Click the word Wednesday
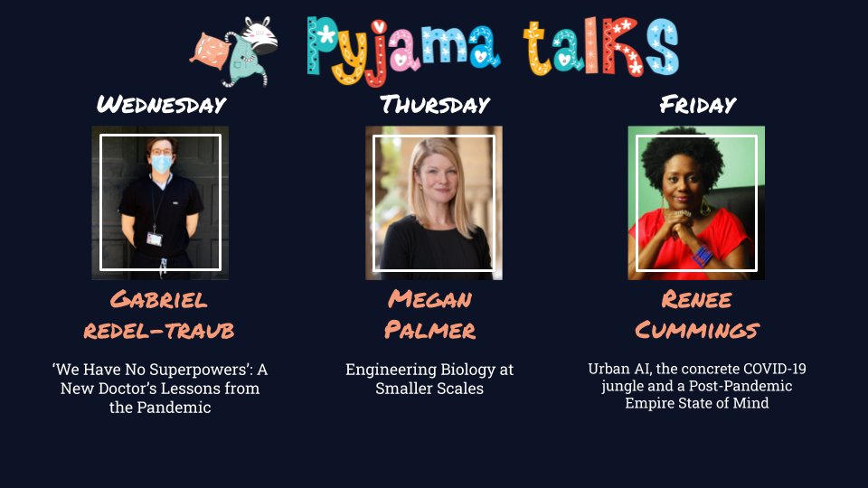pyautogui.click(x=161, y=104)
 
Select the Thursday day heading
pyautogui.click(x=434, y=104)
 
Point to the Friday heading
pyautogui.click(x=697, y=104)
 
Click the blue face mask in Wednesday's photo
pyautogui.click(x=161, y=164)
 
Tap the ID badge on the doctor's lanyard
pyautogui.click(x=155, y=239)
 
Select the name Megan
pyautogui.click(x=430, y=299)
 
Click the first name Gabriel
pyautogui.click(x=159, y=299)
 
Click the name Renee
pyautogui.click(x=696, y=299)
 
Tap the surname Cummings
pyautogui.click(x=696, y=330)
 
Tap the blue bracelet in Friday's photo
pyautogui.click(x=702, y=255)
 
